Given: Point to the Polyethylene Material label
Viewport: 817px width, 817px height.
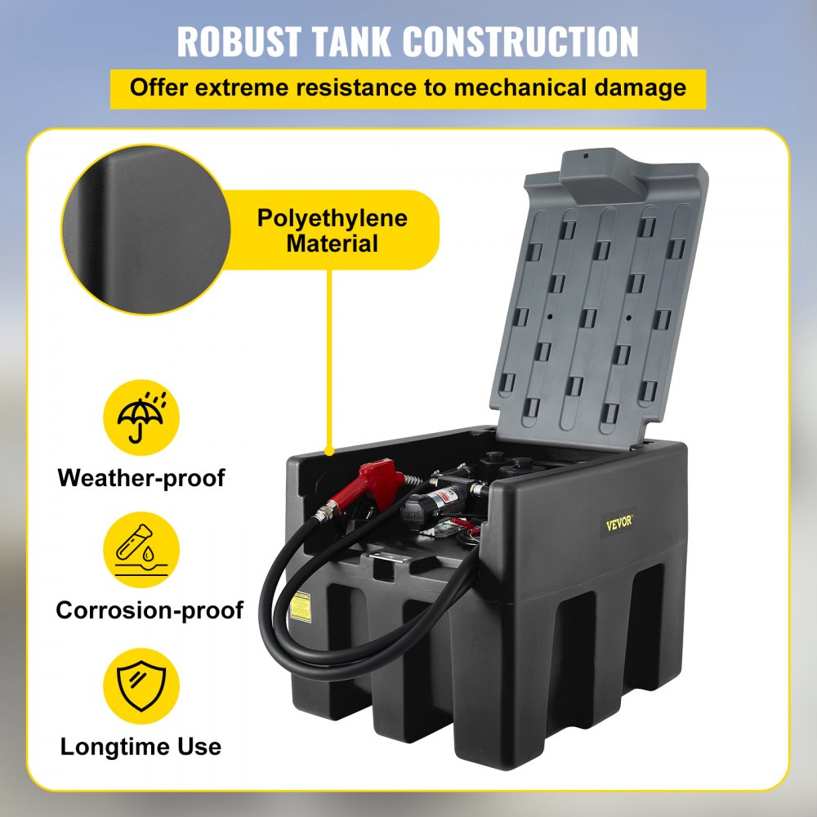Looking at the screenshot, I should (x=333, y=230).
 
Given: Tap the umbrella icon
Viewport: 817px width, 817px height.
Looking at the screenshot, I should (x=141, y=418).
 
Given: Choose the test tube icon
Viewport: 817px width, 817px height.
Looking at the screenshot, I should (x=141, y=551).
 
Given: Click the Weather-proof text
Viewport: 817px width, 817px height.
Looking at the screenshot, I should (x=141, y=478).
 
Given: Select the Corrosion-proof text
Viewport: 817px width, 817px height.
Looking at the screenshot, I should (x=150, y=610).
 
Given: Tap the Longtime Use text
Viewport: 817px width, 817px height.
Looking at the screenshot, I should (x=141, y=745).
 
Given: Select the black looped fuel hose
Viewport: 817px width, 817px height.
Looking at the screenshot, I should (x=278, y=621).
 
